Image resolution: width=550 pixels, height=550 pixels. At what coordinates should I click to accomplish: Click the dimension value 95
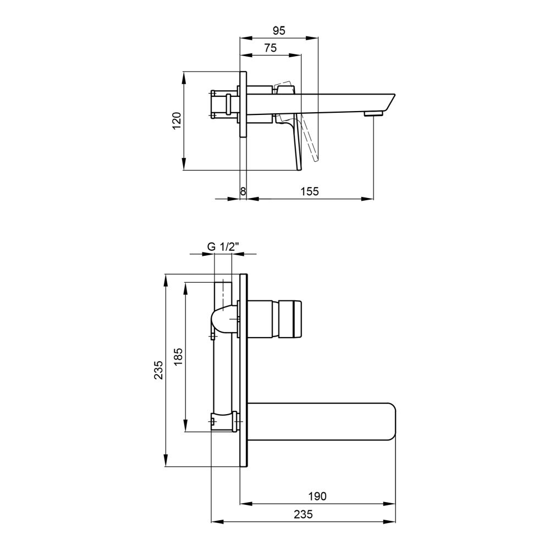279,30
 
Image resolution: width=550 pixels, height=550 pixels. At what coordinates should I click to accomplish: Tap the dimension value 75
271,48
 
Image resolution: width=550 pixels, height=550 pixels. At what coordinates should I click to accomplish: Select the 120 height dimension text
177,120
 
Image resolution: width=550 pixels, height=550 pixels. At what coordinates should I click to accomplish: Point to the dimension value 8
243,191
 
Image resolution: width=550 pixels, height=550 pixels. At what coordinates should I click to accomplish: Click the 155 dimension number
309,191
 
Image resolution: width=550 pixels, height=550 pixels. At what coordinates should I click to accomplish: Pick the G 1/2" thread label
223,246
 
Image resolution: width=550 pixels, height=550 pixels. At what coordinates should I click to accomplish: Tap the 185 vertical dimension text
178,356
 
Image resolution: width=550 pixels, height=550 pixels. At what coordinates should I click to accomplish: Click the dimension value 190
317,496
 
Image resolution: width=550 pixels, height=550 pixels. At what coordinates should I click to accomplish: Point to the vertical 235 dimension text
158,370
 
